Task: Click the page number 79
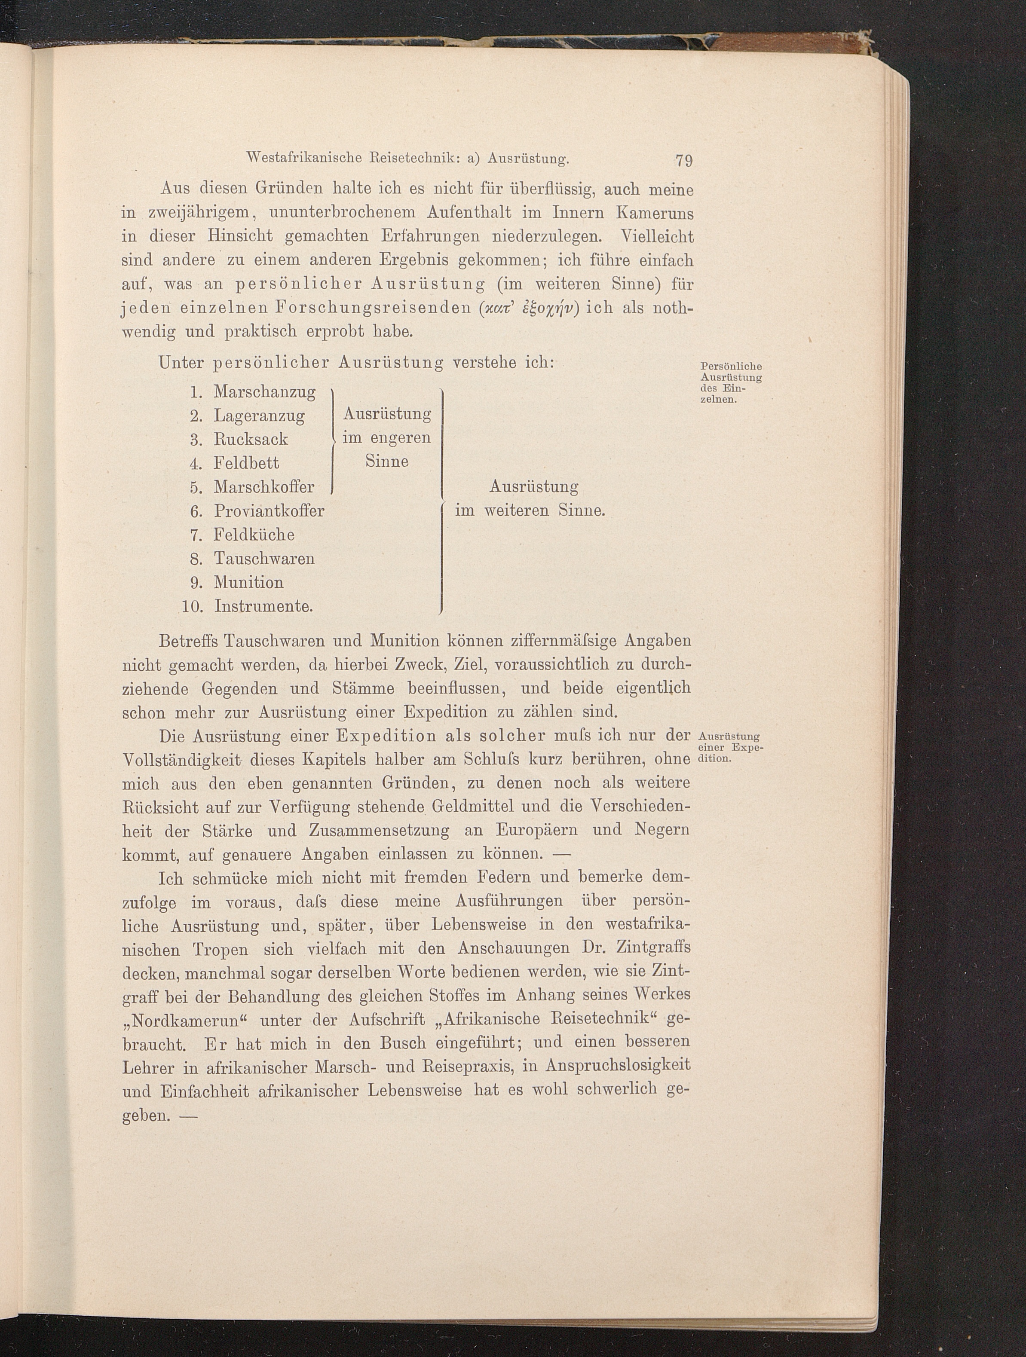683,161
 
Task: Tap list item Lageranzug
259,416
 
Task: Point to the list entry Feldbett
246,463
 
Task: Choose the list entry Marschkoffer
264,487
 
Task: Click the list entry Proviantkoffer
269,510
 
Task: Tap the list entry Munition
248,582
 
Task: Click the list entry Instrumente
263,607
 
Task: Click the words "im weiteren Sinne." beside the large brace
530,510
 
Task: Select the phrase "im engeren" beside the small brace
386,438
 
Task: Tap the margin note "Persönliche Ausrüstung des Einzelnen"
730,383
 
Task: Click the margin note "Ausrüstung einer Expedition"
729,746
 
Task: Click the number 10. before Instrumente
192,607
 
